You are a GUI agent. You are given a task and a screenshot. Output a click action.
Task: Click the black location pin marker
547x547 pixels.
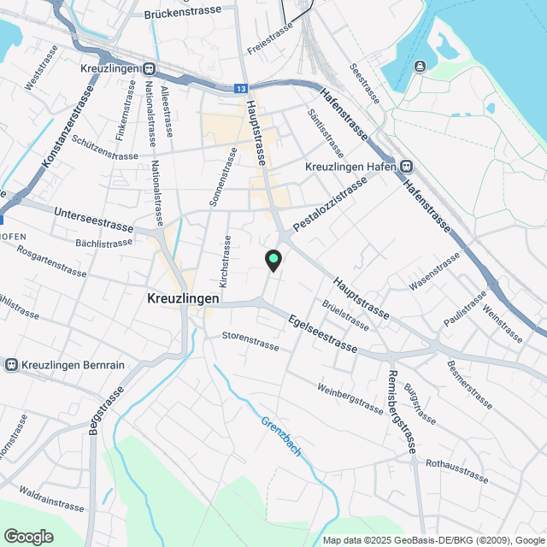pyautogui.click(x=273, y=260)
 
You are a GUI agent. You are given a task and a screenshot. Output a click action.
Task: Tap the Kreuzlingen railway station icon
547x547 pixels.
pyautogui.click(x=150, y=68)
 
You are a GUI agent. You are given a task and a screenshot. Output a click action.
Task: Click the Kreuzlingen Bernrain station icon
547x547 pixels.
pyautogui.click(x=12, y=365)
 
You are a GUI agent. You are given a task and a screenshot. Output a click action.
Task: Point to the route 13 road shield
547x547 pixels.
pyautogui.click(x=243, y=87)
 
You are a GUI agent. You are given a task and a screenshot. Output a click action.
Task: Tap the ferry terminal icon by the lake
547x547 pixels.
pyautogui.click(x=420, y=66)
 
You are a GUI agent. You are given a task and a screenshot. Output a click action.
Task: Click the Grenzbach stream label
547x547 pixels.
pyautogui.click(x=281, y=435)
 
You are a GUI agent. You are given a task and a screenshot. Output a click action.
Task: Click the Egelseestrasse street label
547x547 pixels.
pyautogui.click(x=323, y=334)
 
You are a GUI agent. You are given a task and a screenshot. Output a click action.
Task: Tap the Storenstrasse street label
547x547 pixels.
pyautogui.click(x=250, y=338)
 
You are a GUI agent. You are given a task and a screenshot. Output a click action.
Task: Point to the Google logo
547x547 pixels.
pyautogui.click(x=27, y=536)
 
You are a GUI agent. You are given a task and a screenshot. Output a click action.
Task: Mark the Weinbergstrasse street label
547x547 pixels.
pyautogui.click(x=350, y=398)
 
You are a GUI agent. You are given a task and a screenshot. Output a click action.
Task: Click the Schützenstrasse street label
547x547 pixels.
pyautogui.click(x=105, y=147)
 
